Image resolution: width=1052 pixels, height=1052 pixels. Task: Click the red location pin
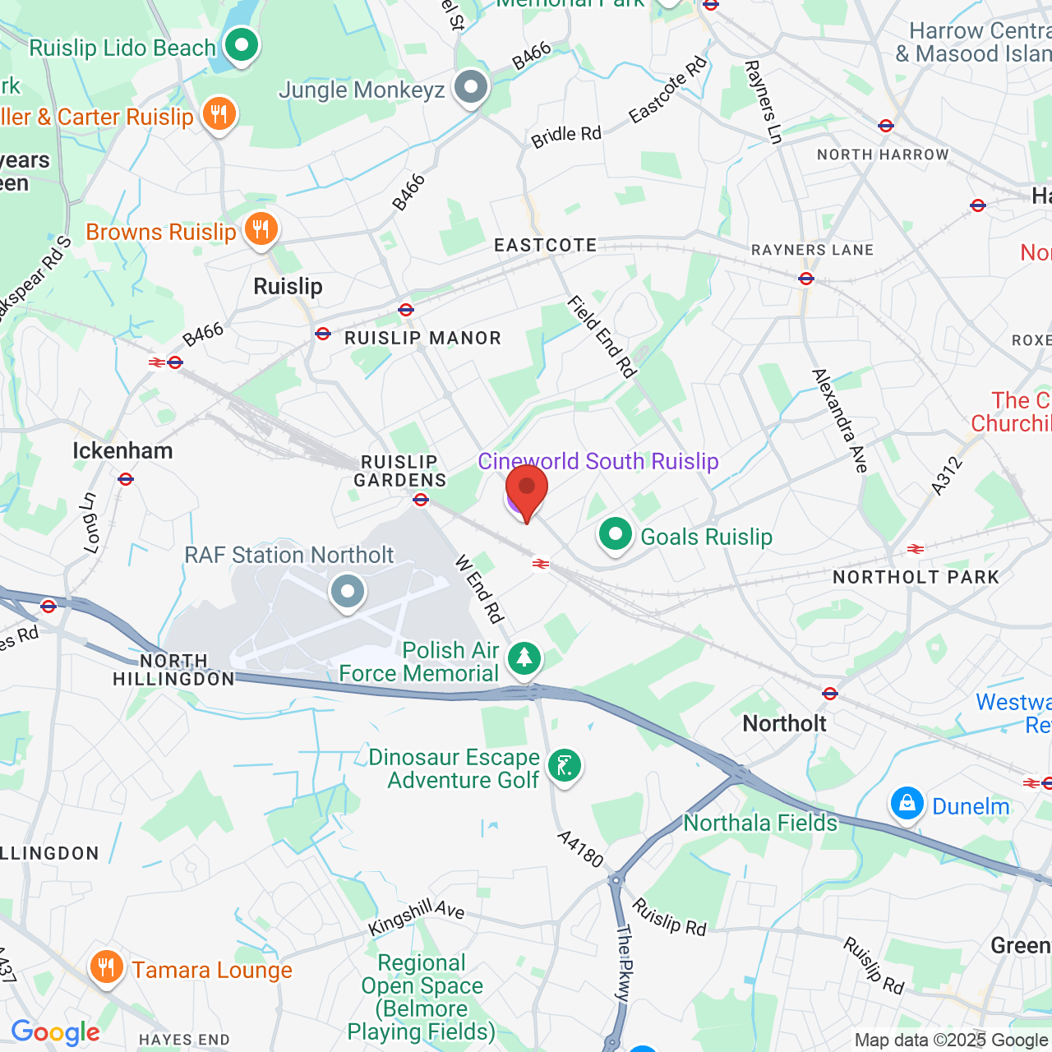coord(527,490)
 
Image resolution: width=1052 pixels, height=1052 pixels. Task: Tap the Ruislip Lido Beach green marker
coord(242,46)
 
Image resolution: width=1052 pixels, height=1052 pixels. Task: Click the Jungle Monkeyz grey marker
coord(472,87)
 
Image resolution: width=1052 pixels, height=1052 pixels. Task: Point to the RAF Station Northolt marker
coord(348,591)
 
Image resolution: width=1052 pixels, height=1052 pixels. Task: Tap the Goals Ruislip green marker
coord(616,535)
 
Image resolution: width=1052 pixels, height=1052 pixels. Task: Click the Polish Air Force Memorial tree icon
coord(524,658)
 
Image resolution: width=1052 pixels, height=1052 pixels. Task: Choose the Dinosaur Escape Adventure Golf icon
coord(565,766)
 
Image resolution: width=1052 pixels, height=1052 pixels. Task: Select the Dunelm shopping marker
coord(907,804)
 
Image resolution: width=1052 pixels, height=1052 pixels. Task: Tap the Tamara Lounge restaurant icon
coord(107,967)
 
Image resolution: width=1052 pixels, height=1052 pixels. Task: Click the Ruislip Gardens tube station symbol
coord(421,499)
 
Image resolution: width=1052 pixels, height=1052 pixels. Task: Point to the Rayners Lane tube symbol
coord(806,279)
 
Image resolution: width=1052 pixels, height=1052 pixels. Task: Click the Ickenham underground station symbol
coord(126,479)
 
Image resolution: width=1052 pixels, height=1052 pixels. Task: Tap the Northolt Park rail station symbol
coord(916,549)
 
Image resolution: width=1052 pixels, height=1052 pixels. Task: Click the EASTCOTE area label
coord(546,246)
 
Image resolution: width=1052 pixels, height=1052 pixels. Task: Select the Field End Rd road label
coord(602,338)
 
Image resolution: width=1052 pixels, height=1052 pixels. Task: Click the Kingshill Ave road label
coord(416,916)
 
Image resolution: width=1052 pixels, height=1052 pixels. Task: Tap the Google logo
coord(55,1032)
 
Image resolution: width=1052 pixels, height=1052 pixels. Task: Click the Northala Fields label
coord(760,823)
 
